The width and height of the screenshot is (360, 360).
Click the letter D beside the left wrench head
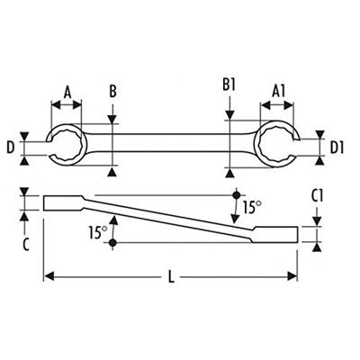tap(10, 145)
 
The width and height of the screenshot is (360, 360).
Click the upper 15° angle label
tap(253, 207)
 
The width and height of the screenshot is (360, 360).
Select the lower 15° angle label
tap(97, 231)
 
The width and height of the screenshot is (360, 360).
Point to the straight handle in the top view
tap(171, 143)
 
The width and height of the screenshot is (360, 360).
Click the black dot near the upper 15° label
tap(236, 194)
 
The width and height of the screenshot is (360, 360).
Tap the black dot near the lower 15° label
tap(114, 243)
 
